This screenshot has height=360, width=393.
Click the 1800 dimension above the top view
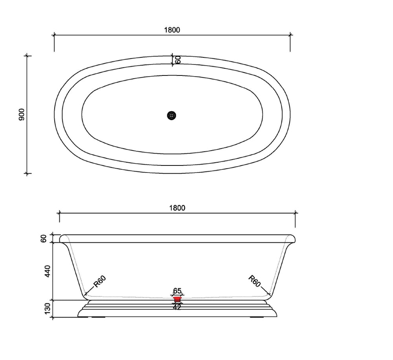point(172,30)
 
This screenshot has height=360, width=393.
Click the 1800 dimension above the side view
point(177,208)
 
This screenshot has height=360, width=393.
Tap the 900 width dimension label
point(22,114)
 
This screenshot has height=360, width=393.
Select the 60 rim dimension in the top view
point(178,60)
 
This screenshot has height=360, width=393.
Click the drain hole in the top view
point(171,115)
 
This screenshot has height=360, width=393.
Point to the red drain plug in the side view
point(177,299)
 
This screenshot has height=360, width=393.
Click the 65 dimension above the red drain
point(177,291)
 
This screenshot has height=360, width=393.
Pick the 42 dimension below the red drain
point(177,307)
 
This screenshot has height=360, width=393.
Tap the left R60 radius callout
point(100,281)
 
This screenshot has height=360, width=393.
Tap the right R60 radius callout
point(254,281)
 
